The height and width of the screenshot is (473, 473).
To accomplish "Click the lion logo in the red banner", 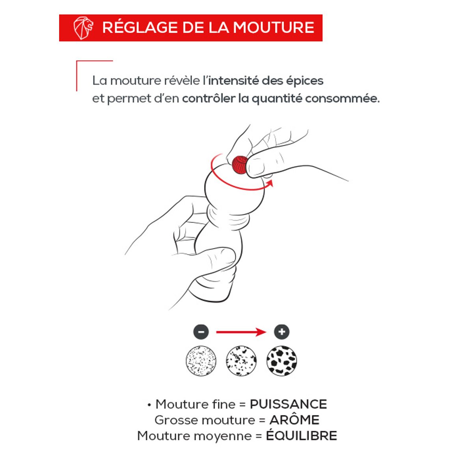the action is [83, 28].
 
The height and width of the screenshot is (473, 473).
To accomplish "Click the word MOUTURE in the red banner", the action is [274, 27].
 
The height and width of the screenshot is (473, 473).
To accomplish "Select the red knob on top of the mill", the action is [239, 165].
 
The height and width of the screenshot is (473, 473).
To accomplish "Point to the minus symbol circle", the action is [201, 332].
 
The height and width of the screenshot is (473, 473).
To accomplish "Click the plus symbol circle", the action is [281, 332].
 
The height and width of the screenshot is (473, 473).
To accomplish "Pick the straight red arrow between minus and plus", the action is [241, 332].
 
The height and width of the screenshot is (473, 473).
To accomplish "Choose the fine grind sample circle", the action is [201, 361].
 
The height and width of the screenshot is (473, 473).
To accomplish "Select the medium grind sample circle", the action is [241, 361].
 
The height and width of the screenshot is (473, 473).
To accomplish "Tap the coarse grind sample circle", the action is [281, 361].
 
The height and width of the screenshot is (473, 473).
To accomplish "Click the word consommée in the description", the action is [343, 99].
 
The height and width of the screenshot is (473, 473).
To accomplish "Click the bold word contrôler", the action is [209, 99].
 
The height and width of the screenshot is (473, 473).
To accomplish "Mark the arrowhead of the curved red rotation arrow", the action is [270, 184].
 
